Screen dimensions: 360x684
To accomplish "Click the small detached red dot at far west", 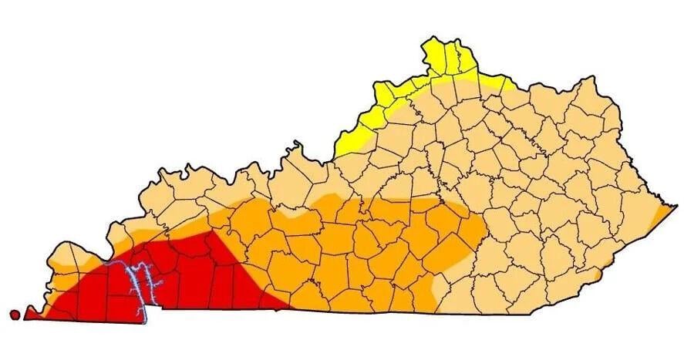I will tap(15, 314).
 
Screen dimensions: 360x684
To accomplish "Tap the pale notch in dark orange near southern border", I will tap(437, 289).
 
